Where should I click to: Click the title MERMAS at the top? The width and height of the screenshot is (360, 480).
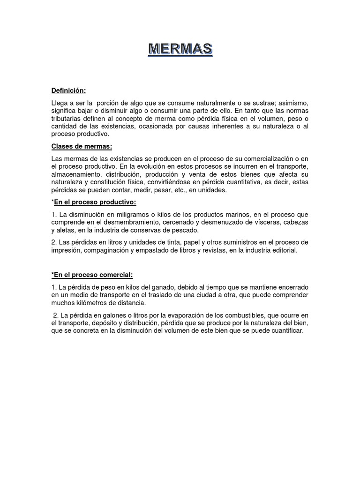coord(180,49)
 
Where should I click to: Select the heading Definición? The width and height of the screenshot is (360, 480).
coord(68,90)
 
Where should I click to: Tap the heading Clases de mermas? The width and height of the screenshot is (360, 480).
coord(82,146)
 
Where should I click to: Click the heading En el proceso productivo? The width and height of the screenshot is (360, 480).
coord(95,202)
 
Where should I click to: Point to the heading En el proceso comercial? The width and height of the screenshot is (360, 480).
coord(93,274)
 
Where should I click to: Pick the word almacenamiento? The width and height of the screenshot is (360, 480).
coord(76,174)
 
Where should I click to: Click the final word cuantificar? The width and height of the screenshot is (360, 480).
coord(287,331)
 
